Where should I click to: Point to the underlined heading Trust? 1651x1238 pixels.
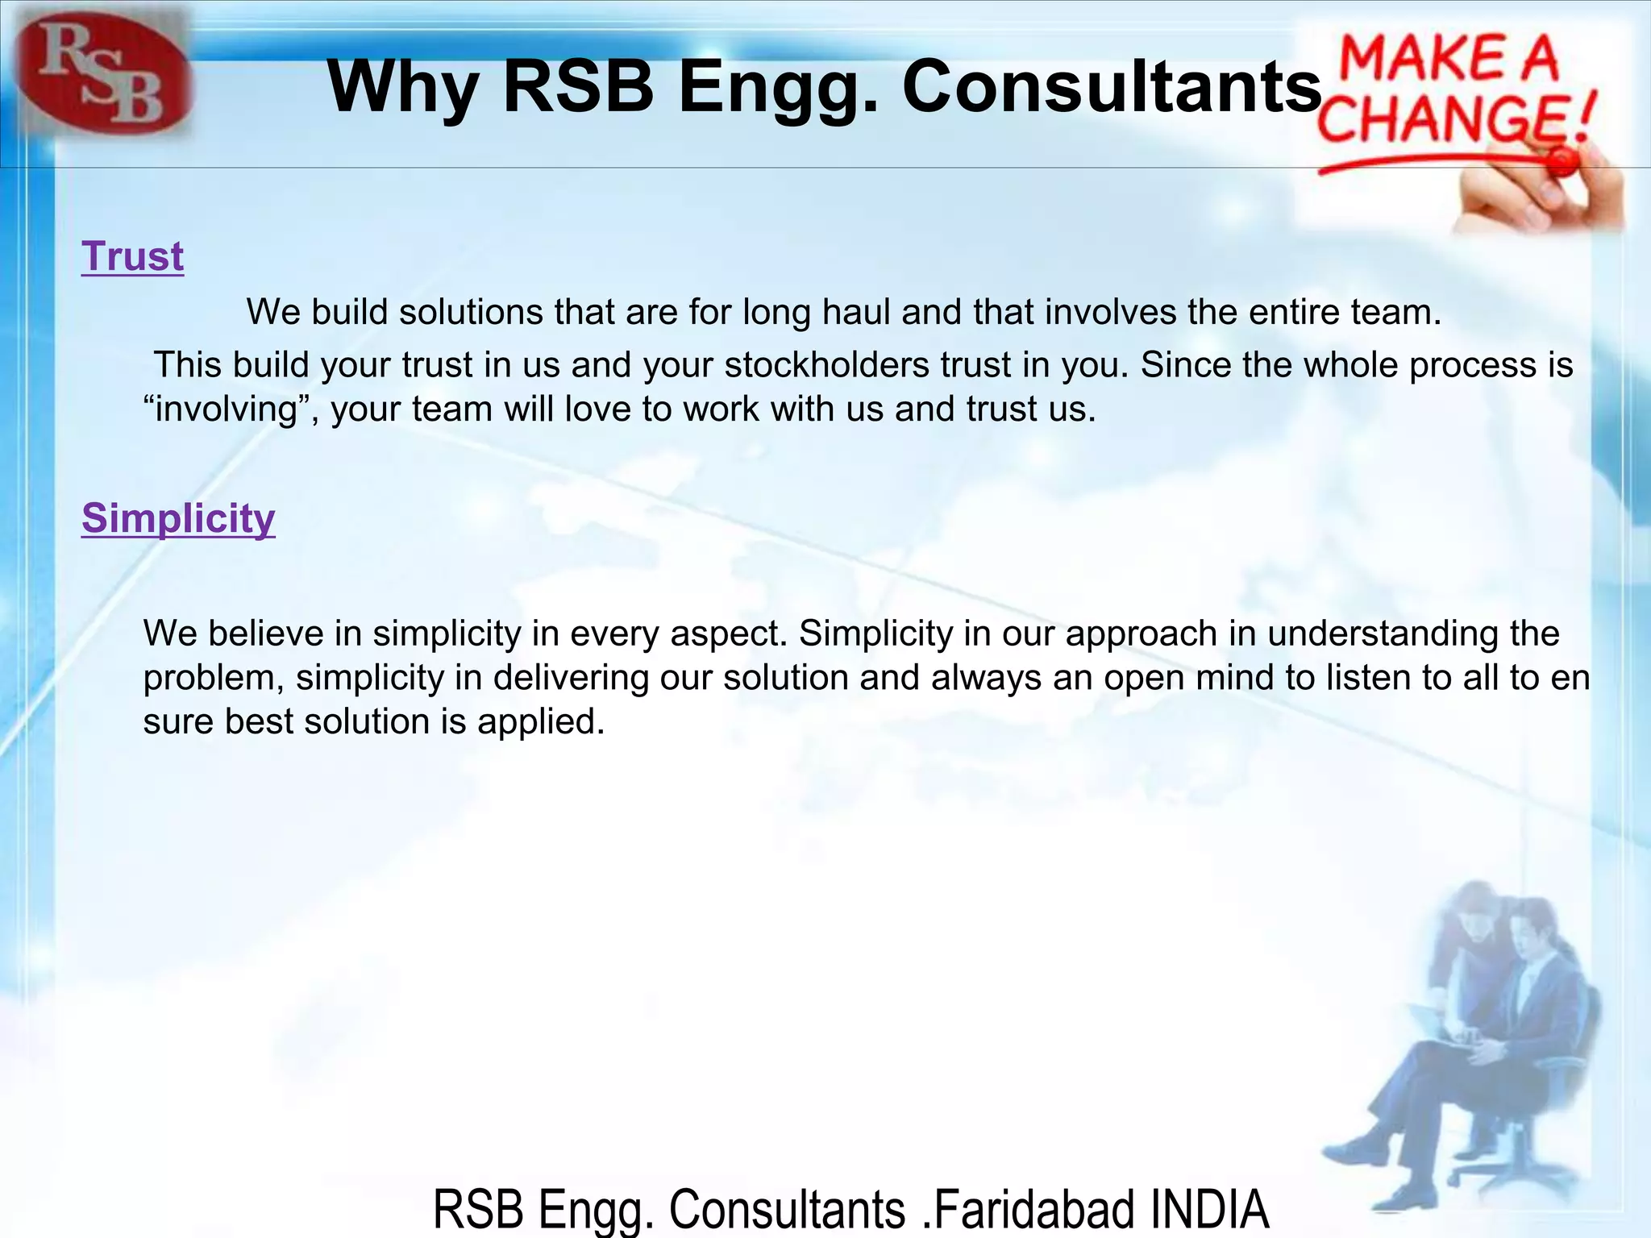[133, 257]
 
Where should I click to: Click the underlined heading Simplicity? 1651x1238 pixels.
[178, 518]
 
